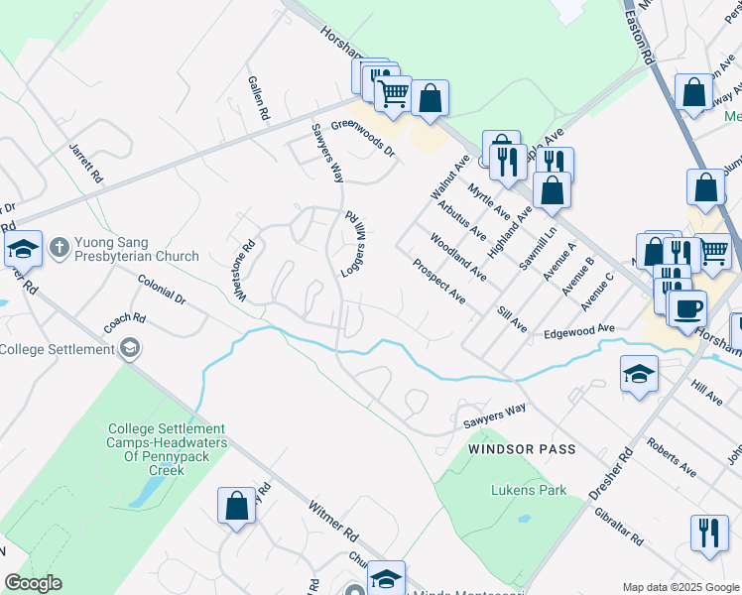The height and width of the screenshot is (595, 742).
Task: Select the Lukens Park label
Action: coord(529,490)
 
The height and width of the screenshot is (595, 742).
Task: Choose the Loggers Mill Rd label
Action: coord(352,242)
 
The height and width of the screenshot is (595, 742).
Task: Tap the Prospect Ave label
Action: coord(438,281)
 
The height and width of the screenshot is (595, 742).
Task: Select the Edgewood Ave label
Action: coord(580,331)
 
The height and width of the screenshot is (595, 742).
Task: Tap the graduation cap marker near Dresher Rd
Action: coord(639,374)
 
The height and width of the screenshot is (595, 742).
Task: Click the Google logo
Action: coord(33,583)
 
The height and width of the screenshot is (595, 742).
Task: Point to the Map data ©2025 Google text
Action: coord(680,587)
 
